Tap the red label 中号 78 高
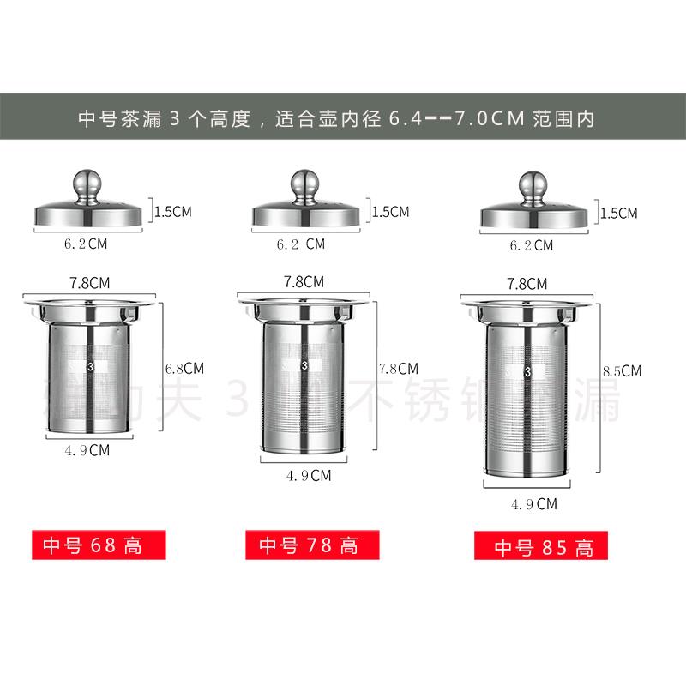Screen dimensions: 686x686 (x=308, y=545)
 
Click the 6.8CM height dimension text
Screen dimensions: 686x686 (x=184, y=368)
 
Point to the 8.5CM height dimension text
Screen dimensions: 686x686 (x=622, y=371)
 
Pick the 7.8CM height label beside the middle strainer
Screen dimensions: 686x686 (x=399, y=369)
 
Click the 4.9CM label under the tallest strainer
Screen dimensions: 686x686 (x=533, y=504)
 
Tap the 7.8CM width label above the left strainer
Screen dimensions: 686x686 (x=89, y=281)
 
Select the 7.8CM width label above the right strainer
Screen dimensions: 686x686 (x=527, y=284)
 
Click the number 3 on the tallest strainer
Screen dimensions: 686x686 (x=527, y=372)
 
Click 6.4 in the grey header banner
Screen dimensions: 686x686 (x=405, y=118)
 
